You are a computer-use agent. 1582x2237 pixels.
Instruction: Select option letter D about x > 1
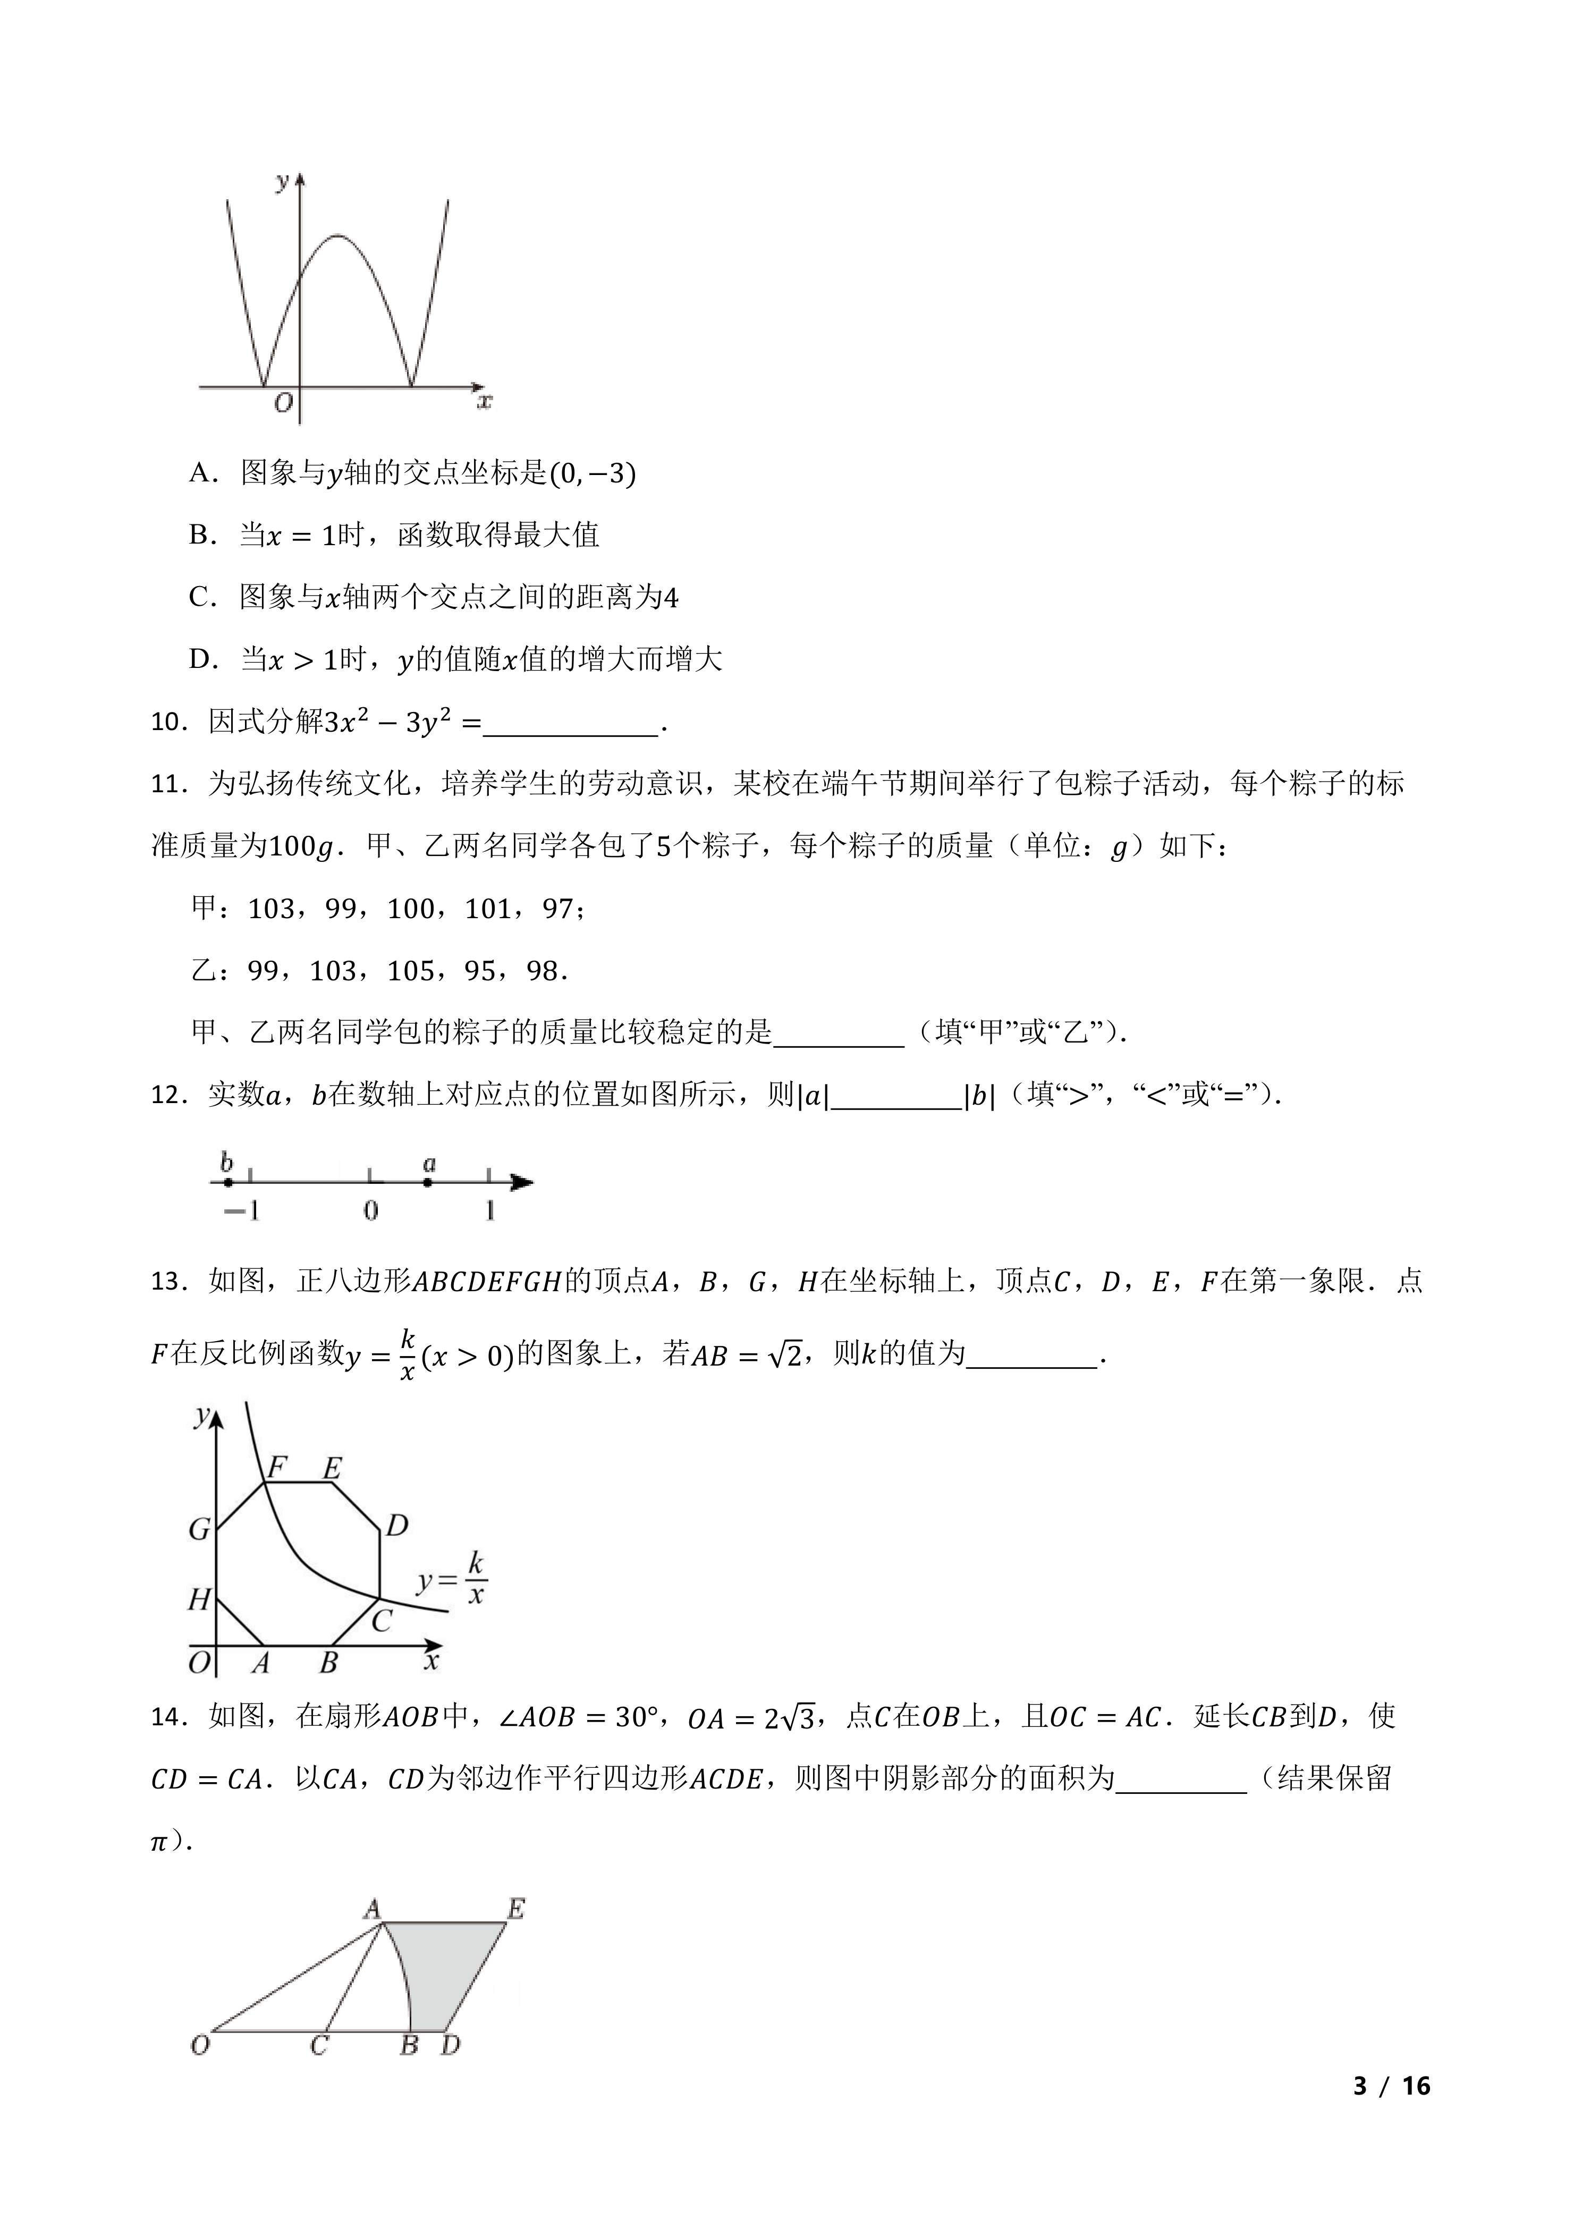(x=201, y=659)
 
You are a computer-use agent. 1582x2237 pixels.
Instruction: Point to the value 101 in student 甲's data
(x=488, y=908)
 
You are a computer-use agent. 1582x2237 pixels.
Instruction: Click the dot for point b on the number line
(x=228, y=1182)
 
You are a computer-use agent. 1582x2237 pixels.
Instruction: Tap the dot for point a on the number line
(x=428, y=1182)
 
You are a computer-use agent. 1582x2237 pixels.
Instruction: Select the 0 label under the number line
(x=370, y=1211)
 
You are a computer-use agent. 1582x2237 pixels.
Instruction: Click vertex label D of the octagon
(x=396, y=1526)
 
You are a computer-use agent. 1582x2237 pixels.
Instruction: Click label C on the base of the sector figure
(x=318, y=2045)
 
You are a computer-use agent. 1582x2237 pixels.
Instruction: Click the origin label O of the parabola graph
(x=283, y=402)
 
